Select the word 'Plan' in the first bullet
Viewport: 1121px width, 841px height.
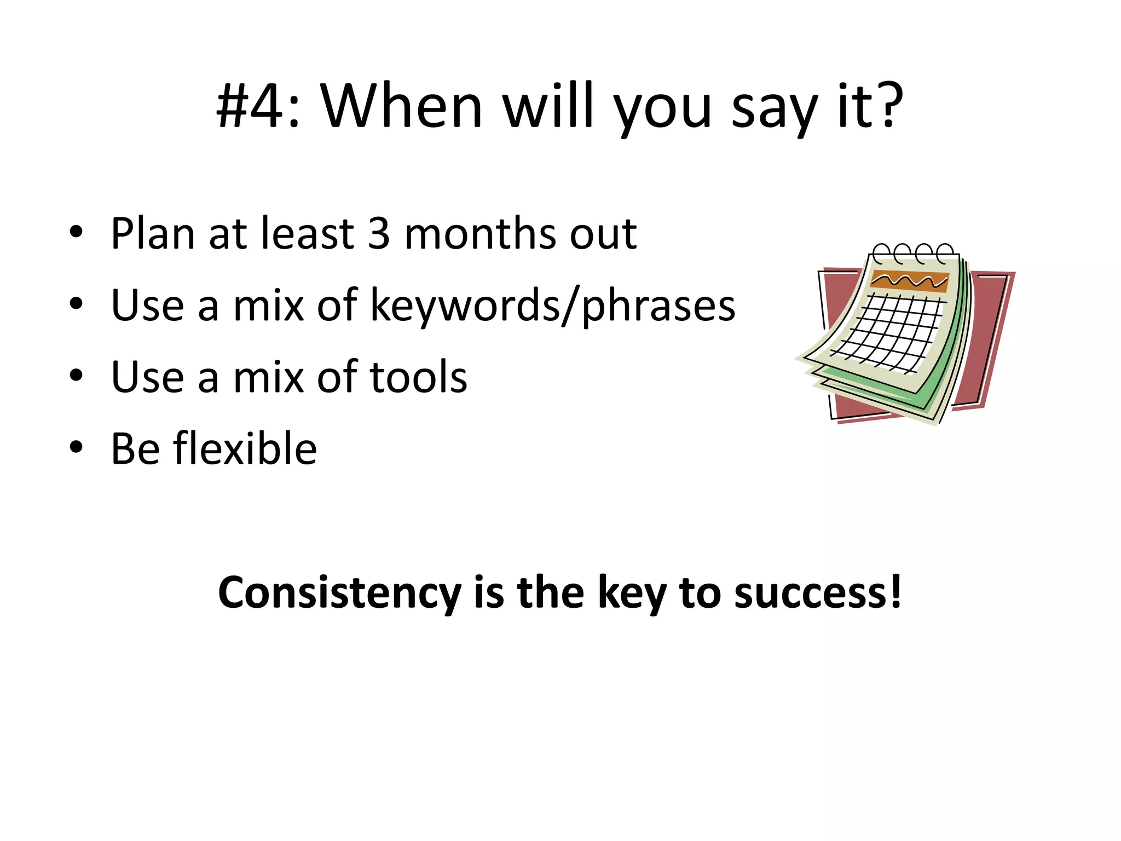point(152,234)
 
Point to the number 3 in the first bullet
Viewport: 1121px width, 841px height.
point(379,234)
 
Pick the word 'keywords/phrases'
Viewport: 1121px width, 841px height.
point(552,306)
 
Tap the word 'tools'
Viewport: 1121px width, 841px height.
point(418,377)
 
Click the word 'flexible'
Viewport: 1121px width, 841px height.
point(245,449)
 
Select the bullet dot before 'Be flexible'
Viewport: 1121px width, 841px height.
point(76,447)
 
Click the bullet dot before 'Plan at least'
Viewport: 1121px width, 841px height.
point(76,232)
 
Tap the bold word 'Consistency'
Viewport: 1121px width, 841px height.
point(339,593)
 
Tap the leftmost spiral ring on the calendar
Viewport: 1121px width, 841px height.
point(881,254)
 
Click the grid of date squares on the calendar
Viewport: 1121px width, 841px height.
point(889,331)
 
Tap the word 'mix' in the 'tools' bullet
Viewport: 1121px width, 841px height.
point(268,377)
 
